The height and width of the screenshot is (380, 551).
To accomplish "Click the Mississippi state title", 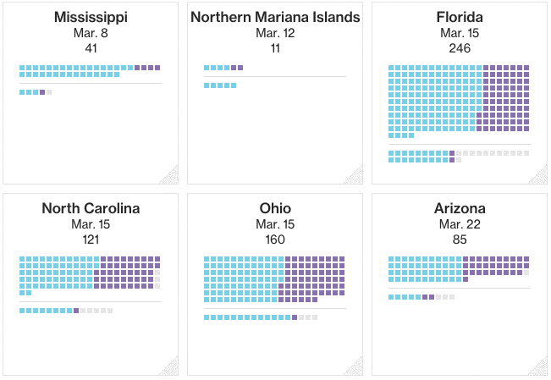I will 91,17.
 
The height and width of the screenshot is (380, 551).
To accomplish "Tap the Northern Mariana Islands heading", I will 275,17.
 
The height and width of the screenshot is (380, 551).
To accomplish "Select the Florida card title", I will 460,17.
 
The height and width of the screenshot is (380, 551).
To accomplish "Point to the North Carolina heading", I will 91,208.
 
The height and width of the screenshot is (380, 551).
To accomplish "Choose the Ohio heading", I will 275,208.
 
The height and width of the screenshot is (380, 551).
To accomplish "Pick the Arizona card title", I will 460,208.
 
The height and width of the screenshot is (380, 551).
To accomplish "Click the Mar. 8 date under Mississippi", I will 91,33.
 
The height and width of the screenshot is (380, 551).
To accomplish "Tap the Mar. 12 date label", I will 275,33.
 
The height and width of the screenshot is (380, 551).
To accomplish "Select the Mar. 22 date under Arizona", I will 460,224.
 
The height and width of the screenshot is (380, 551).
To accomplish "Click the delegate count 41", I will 91,48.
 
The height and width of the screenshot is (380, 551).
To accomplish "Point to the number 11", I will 275,48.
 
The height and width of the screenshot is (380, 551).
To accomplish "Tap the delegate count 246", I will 460,48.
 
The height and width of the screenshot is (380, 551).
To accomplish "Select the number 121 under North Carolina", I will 91,240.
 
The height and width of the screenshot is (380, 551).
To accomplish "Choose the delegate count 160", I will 275,240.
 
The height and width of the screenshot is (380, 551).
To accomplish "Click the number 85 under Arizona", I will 460,240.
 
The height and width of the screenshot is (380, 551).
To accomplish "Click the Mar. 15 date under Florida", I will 460,33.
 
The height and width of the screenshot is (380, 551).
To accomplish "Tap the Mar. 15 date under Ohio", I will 275,224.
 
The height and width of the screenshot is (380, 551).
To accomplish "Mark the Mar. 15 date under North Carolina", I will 91,224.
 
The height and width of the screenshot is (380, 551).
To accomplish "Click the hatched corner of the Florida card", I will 539,175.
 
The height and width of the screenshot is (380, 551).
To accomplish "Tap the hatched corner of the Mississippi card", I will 170,175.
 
